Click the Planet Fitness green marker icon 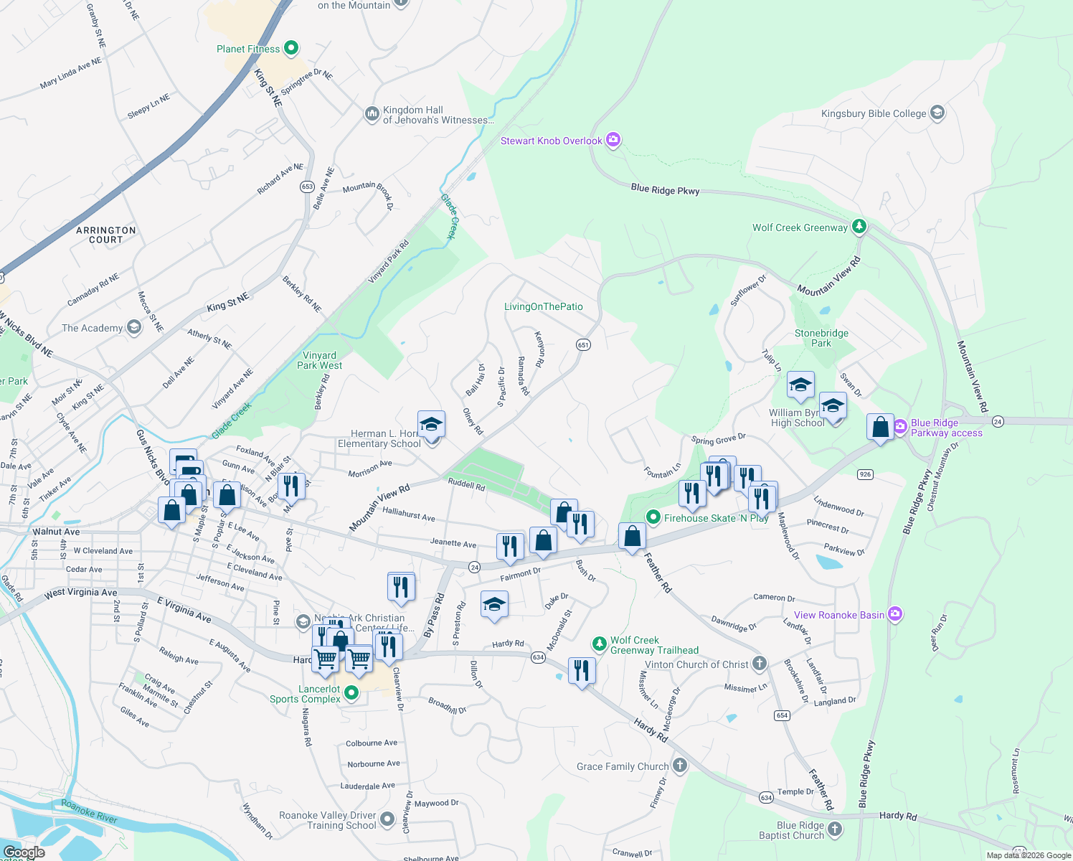[x=290, y=48]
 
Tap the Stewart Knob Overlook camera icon [x=613, y=140]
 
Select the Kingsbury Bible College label [x=874, y=113]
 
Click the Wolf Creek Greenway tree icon [x=859, y=227]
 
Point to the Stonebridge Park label [x=821, y=338]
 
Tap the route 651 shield [x=583, y=345]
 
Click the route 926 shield [x=865, y=474]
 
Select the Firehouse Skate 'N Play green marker [x=653, y=517]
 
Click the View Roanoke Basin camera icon [x=894, y=614]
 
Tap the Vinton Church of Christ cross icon [x=760, y=664]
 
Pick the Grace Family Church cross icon [x=680, y=766]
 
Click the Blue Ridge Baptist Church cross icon [x=834, y=829]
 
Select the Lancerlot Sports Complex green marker [x=351, y=693]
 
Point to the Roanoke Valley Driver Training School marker [x=387, y=819]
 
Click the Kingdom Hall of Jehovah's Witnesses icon [x=372, y=114]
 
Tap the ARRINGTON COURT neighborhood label [x=106, y=235]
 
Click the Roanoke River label [x=90, y=811]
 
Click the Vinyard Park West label [x=319, y=360]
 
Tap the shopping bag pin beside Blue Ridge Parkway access [x=880, y=428]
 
